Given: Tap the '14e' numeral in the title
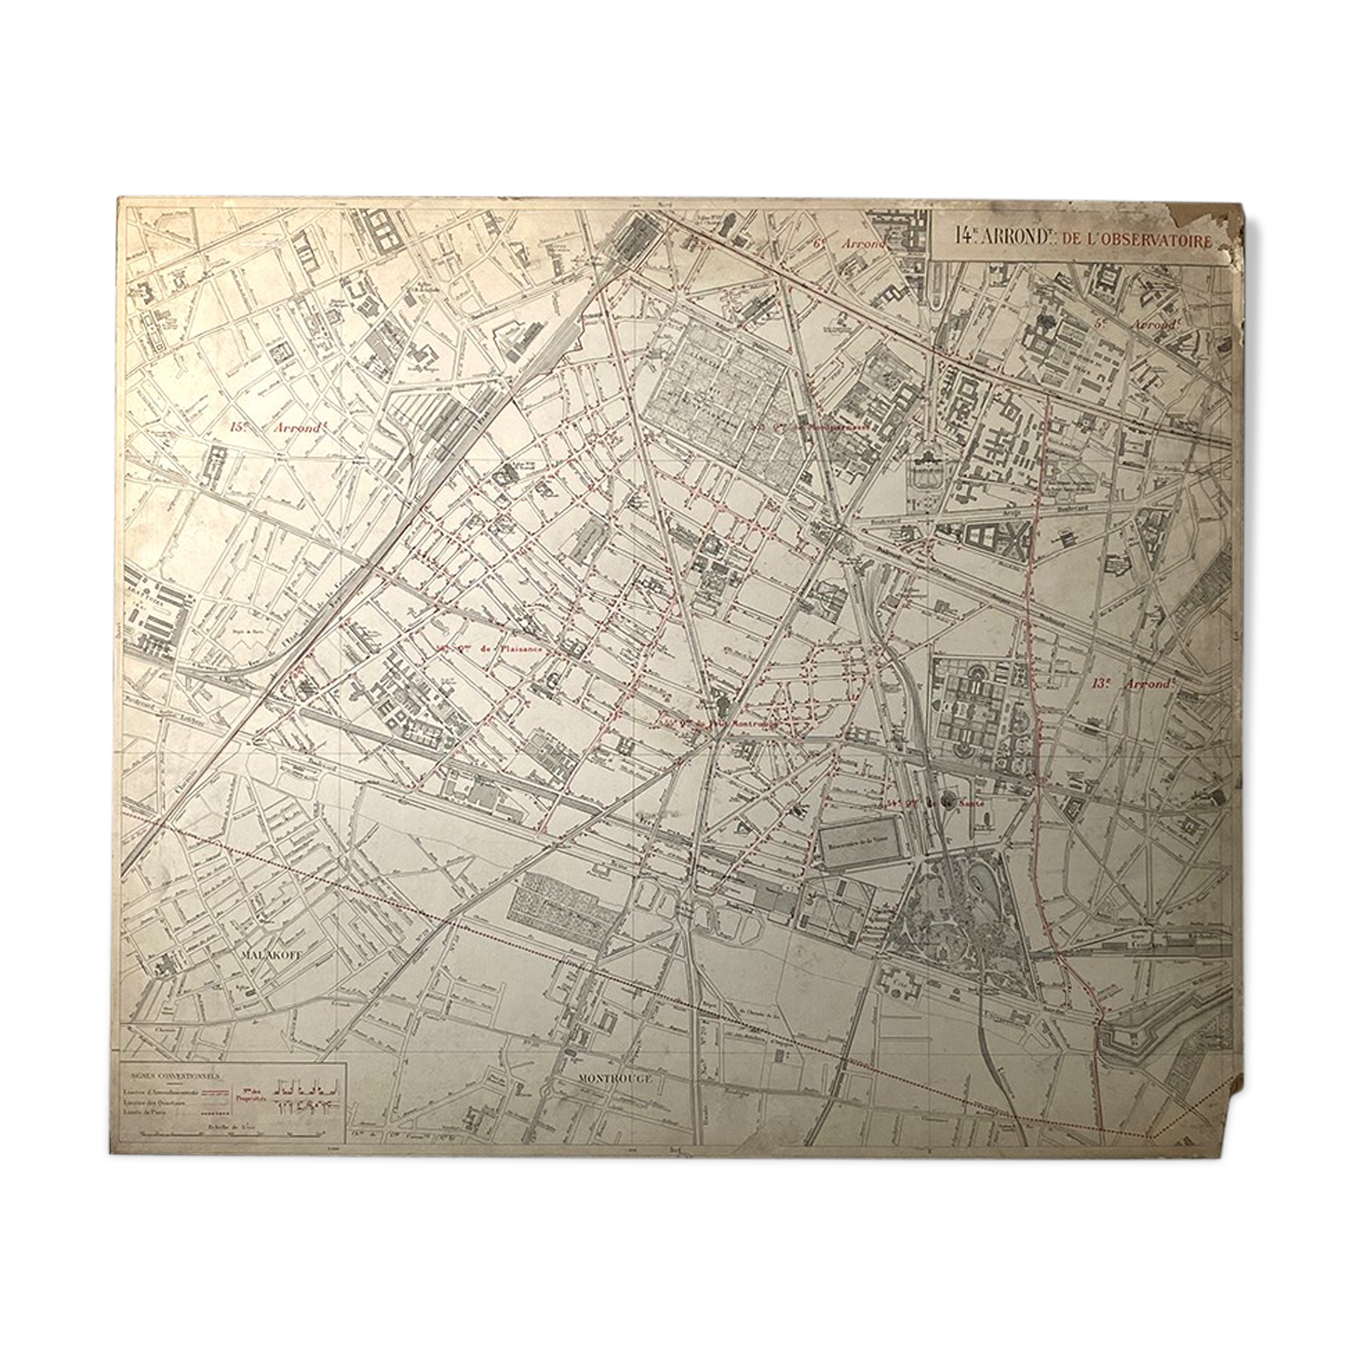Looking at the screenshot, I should (x=966, y=238).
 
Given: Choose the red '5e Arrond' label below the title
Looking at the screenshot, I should (x=1136, y=325).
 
